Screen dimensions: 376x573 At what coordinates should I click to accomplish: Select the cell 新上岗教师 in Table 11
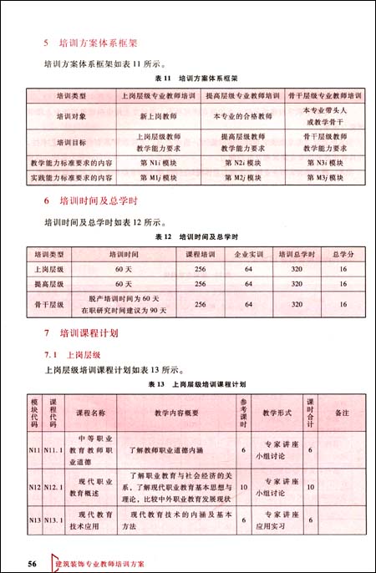[159, 118]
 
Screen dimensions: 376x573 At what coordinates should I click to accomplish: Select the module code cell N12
[34, 487]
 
